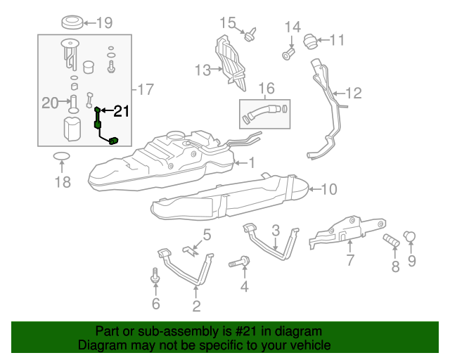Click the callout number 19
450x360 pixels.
(x=104, y=22)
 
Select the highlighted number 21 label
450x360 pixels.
(x=122, y=110)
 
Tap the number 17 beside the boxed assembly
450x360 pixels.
(x=146, y=89)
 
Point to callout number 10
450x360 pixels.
(x=329, y=188)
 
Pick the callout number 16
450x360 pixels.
(x=266, y=88)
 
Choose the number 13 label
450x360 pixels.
(x=202, y=70)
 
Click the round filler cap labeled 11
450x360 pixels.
(x=311, y=41)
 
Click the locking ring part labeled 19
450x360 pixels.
(x=70, y=22)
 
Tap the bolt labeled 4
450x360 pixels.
(x=238, y=264)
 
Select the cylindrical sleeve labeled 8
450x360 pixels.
(x=390, y=242)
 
